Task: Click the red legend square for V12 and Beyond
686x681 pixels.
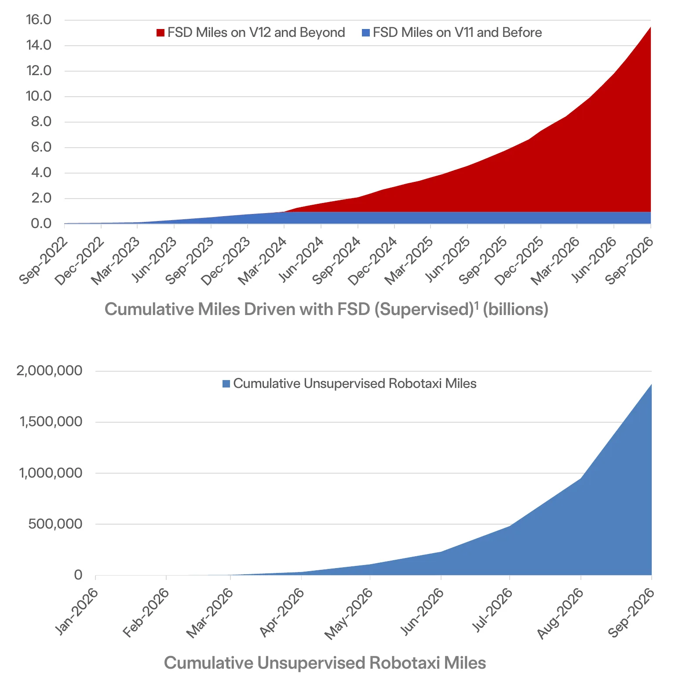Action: pyautogui.click(x=161, y=33)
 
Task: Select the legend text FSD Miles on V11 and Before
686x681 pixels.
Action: pyautogui.click(x=457, y=33)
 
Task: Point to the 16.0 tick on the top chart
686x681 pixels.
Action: pyautogui.click(x=39, y=20)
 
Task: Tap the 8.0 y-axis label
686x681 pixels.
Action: pyautogui.click(x=41, y=122)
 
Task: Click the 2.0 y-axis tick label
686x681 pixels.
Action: pyautogui.click(x=41, y=198)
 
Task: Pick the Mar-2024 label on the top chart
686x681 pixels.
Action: pyautogui.click(x=263, y=261)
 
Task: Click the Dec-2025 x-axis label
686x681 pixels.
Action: pyautogui.click(x=519, y=261)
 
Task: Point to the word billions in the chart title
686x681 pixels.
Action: pyautogui.click(x=515, y=309)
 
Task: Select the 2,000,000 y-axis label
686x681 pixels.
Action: pyautogui.click(x=49, y=371)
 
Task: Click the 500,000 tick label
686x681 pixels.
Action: pyautogui.click(x=55, y=524)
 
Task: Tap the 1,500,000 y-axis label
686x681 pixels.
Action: pyautogui.click(x=51, y=422)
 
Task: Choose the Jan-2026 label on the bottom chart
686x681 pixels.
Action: pyautogui.click(x=77, y=611)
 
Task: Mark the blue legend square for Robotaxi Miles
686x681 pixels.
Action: pyautogui.click(x=226, y=384)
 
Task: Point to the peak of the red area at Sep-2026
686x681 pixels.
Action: pyautogui.click(x=650, y=27)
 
